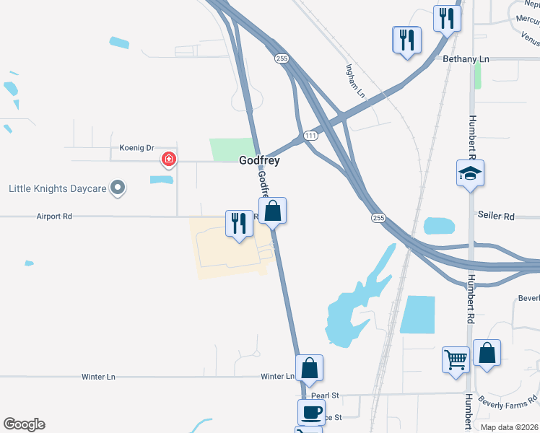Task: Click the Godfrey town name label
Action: click(259, 161)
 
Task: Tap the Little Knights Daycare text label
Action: click(57, 189)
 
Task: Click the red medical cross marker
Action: click(169, 159)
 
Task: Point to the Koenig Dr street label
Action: click(137, 148)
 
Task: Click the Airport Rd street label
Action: click(56, 216)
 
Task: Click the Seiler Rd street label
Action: click(496, 216)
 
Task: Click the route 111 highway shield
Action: click(310, 136)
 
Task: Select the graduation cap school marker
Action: click(470, 173)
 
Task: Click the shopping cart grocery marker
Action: click(456, 359)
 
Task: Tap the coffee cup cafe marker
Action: click(311, 413)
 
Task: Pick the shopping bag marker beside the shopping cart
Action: click(487, 353)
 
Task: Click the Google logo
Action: click(24, 424)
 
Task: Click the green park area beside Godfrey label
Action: click(232, 149)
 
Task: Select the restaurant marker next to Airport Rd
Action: click(239, 222)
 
